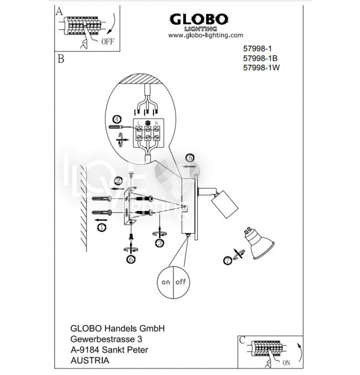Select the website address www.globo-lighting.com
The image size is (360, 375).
click(205, 34)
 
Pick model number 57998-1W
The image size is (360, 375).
click(261, 68)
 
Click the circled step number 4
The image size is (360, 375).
click(116, 119)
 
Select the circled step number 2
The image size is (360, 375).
click(119, 181)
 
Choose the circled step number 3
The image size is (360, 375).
click(160, 242)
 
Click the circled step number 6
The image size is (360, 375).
click(131, 258)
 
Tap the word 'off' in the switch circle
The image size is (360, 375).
click(181, 282)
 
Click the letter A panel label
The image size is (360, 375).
click(59, 10)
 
